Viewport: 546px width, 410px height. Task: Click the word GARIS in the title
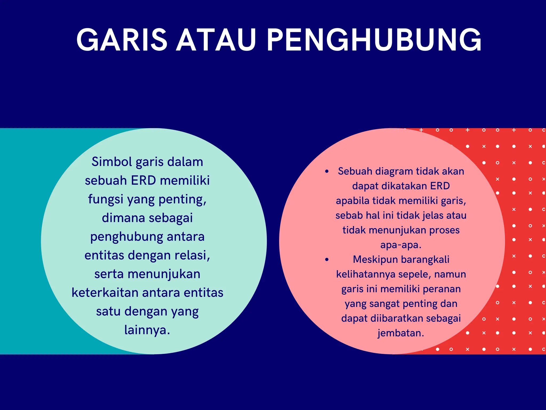click(122, 40)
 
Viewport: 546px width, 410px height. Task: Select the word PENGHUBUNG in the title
click(374, 40)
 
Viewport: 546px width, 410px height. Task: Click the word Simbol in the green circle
click(112, 162)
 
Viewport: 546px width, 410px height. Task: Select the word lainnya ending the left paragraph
click(147, 330)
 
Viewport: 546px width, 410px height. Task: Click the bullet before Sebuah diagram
click(327, 172)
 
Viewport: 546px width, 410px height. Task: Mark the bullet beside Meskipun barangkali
click(327, 260)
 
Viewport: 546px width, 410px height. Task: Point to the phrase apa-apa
click(401, 245)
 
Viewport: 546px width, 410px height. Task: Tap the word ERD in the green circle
click(143, 181)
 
